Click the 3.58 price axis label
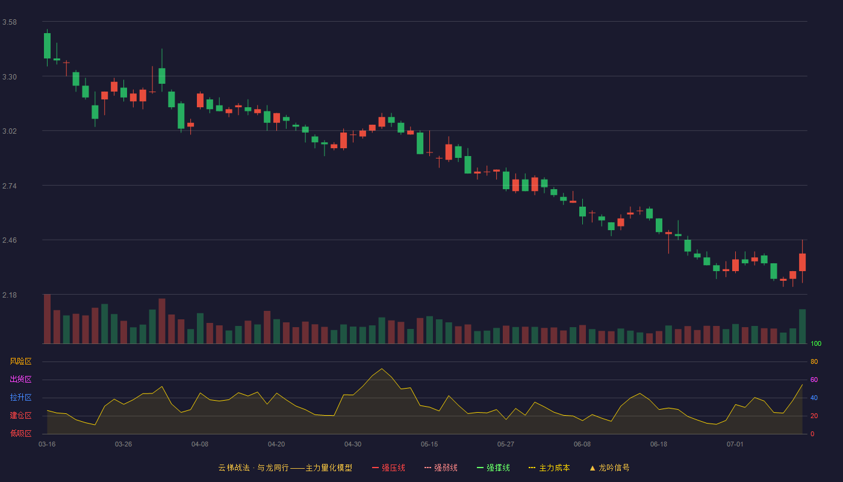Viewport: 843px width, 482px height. click(10, 22)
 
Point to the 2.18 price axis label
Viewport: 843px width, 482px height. click(10, 295)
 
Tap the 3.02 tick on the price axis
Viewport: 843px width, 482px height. click(10, 131)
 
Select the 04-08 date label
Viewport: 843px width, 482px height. click(200, 445)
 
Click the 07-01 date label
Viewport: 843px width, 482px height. click(735, 445)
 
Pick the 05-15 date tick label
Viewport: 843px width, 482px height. click(429, 445)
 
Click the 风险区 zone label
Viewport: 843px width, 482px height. click(20, 361)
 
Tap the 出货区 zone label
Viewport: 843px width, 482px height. click(20, 379)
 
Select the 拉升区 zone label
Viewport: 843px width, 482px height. click(20, 397)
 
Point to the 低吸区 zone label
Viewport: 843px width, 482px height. click(20, 433)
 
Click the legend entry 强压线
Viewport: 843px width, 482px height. click(388, 468)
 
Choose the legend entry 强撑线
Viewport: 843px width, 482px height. click(493, 468)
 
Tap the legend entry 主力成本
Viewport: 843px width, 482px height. click(549, 468)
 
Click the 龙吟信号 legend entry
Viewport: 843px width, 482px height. click(609, 468)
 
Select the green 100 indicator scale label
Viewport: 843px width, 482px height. click(816, 343)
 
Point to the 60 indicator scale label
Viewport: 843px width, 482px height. click(814, 380)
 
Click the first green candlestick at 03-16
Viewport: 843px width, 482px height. click(47, 46)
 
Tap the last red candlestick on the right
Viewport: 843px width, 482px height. click(802, 262)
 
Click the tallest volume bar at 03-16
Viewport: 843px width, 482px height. click(47, 319)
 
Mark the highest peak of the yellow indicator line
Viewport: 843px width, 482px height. click(382, 369)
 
